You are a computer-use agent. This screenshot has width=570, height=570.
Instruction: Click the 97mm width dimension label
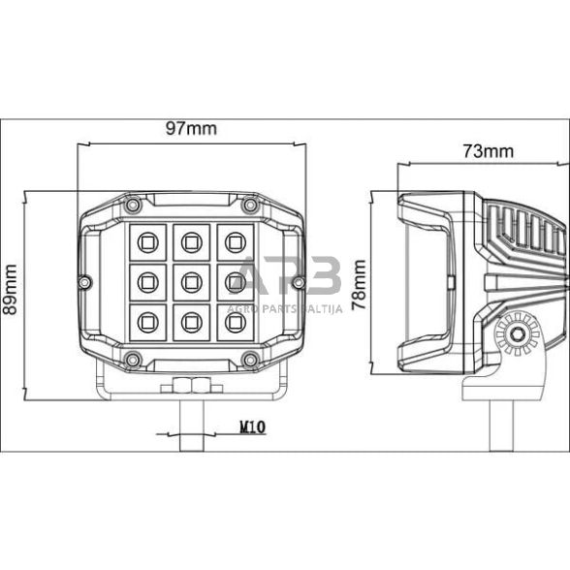click(x=191, y=128)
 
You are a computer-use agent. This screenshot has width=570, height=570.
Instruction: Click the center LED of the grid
click(x=190, y=282)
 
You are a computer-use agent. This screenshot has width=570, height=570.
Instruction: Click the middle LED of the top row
click(x=190, y=239)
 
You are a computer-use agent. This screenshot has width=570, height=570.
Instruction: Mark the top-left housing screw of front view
click(x=131, y=205)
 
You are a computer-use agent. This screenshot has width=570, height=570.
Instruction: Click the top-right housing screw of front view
click(x=249, y=205)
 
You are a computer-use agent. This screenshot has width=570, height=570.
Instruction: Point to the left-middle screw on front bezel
click(x=85, y=282)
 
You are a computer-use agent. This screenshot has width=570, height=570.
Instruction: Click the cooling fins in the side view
click(x=528, y=237)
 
